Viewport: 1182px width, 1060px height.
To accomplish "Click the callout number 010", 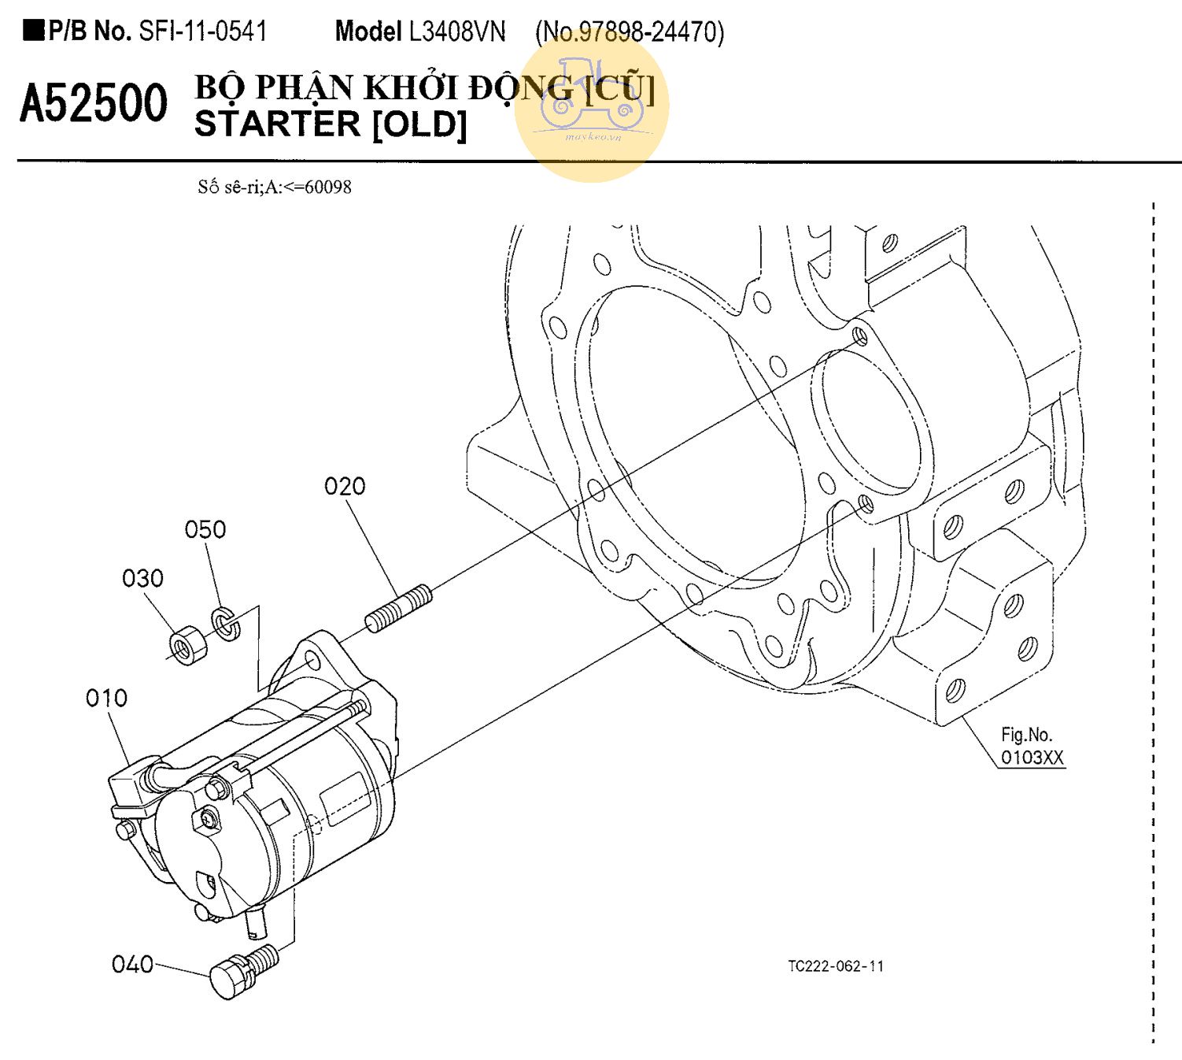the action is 106,698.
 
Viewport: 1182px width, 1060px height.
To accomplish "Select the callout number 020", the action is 345,486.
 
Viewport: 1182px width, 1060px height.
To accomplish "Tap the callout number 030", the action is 142,578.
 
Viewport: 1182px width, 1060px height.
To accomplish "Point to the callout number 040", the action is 132,964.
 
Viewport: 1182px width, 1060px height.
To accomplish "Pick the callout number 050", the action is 205,530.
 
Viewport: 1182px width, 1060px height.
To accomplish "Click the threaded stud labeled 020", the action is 399,609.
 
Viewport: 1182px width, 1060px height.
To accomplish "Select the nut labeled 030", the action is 188,645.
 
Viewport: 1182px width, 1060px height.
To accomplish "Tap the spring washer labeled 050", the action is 225,624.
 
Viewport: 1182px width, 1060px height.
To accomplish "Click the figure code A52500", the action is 94,103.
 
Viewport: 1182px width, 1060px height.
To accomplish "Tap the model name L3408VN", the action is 456,32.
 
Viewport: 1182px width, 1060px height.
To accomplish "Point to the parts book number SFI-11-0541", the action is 203,31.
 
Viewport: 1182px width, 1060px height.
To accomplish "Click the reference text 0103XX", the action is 1032,758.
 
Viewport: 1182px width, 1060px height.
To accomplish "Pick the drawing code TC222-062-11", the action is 836,966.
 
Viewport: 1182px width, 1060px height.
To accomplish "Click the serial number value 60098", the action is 328,187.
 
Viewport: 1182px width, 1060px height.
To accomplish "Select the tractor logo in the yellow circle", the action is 592,95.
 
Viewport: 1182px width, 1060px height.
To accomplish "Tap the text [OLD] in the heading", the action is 419,124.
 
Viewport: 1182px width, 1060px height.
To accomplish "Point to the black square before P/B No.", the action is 34,31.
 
